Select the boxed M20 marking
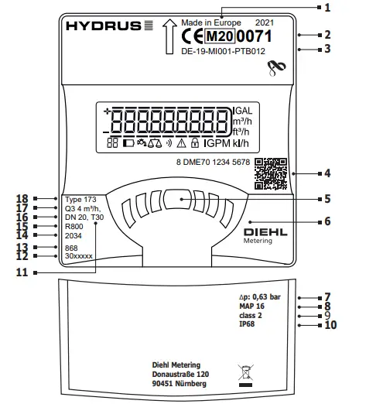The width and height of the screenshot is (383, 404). [x=212, y=36]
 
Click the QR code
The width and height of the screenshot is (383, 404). [x=270, y=174]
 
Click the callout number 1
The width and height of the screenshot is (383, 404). [x=349, y=8]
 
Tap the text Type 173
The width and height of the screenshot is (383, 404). [x=80, y=199]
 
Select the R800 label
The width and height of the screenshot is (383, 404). [x=75, y=227]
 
